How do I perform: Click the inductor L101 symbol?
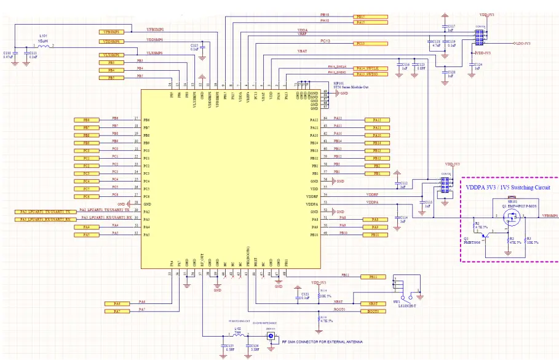pyautogui.click(x=42, y=46)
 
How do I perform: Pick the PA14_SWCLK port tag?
pyautogui.click(x=371, y=66)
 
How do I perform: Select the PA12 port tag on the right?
pyautogui.click(x=377, y=119)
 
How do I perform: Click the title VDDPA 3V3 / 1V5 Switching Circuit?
pyautogui.click(x=508, y=187)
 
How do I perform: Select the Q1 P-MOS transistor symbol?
pyautogui.click(x=510, y=217)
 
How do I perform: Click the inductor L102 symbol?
pyautogui.click(x=237, y=336)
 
